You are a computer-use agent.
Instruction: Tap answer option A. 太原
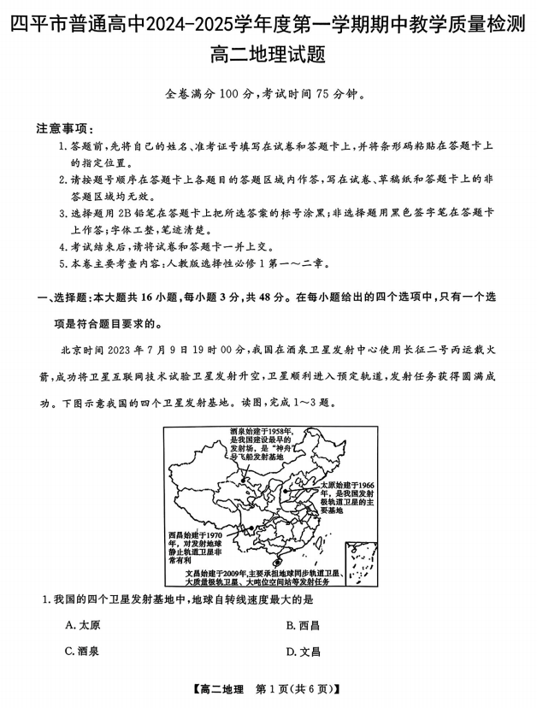pos(83,625)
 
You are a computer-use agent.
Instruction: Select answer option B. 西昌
pos(303,625)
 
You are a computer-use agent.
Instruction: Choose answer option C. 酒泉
pos(83,651)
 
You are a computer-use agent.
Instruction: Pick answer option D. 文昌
pos(303,651)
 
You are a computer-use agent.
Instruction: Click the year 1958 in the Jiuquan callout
pos(281,432)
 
